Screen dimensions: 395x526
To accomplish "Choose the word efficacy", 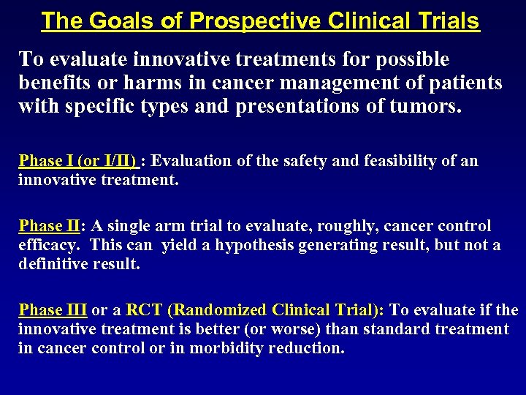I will [x=48, y=245].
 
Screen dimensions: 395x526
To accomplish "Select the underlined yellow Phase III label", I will [x=53, y=310].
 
